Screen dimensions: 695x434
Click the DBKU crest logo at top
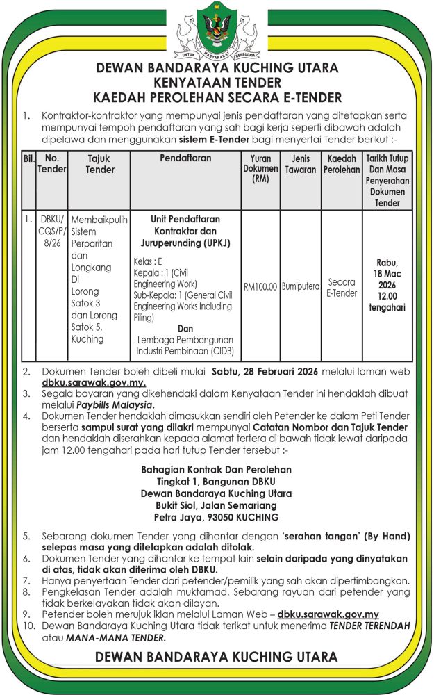pos(217,29)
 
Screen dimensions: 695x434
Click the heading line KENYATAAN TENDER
pos(217,82)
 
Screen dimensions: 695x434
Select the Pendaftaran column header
pos(185,159)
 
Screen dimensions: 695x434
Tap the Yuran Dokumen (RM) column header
pos(260,169)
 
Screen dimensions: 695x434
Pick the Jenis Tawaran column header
pos(300,164)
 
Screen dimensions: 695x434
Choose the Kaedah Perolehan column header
pos(341,164)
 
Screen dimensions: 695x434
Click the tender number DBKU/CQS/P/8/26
pos(51,231)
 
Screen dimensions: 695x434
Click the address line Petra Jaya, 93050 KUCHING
pos(217,518)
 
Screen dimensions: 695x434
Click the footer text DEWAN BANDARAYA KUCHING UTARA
pos(217,657)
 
